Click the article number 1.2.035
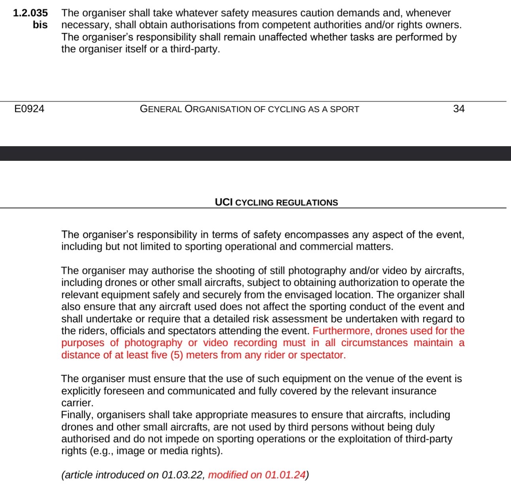coord(30,13)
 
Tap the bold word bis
coord(40,25)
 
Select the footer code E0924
coord(29,109)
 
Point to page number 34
coord(459,109)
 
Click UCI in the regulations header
coord(224,202)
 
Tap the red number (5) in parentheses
coord(176,355)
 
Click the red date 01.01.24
coord(285,475)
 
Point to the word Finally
coord(77,415)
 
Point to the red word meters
coord(203,355)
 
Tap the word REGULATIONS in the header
coord(307,203)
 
